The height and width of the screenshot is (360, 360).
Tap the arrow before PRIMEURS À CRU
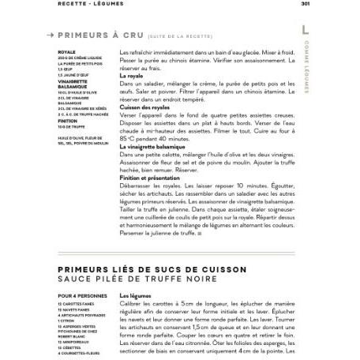pyautogui.click(x=51, y=35)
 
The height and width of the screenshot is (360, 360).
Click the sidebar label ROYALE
pyautogui.click(x=66, y=52)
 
